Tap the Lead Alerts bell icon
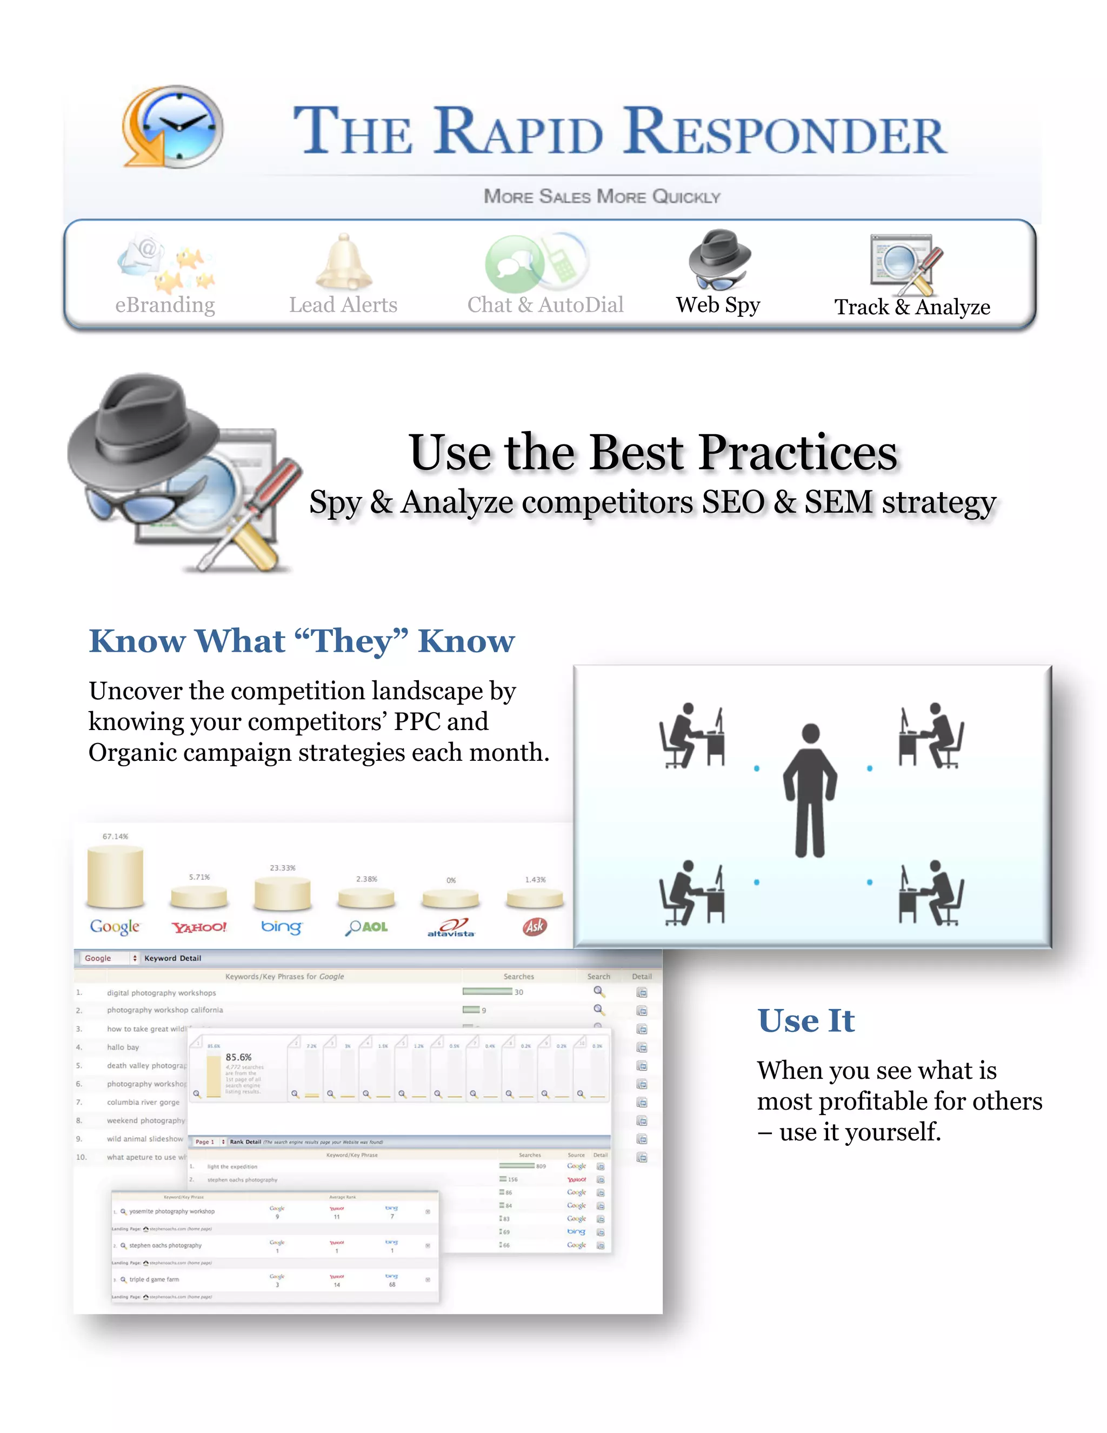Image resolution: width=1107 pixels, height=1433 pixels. coord(344,262)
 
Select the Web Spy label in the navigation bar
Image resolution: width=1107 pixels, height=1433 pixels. coord(718,305)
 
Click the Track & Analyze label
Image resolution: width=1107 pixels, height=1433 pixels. coord(911,307)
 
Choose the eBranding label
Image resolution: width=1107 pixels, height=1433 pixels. coord(165,305)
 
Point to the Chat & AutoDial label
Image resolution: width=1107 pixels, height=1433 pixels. coord(545,305)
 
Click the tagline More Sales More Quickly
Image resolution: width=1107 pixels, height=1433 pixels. coord(602,196)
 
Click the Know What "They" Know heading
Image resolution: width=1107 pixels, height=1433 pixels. coord(302,641)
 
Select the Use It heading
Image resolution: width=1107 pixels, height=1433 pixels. coord(806,1021)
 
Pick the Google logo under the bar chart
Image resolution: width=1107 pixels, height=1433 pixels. coord(115,926)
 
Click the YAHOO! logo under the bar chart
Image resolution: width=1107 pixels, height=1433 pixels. coord(199,927)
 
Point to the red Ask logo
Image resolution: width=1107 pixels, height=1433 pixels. coord(535,926)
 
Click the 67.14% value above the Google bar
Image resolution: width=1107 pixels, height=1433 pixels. coord(116,837)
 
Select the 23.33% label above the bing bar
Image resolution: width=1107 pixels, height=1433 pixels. coord(283,868)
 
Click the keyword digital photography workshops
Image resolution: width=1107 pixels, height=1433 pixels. coord(161,993)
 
